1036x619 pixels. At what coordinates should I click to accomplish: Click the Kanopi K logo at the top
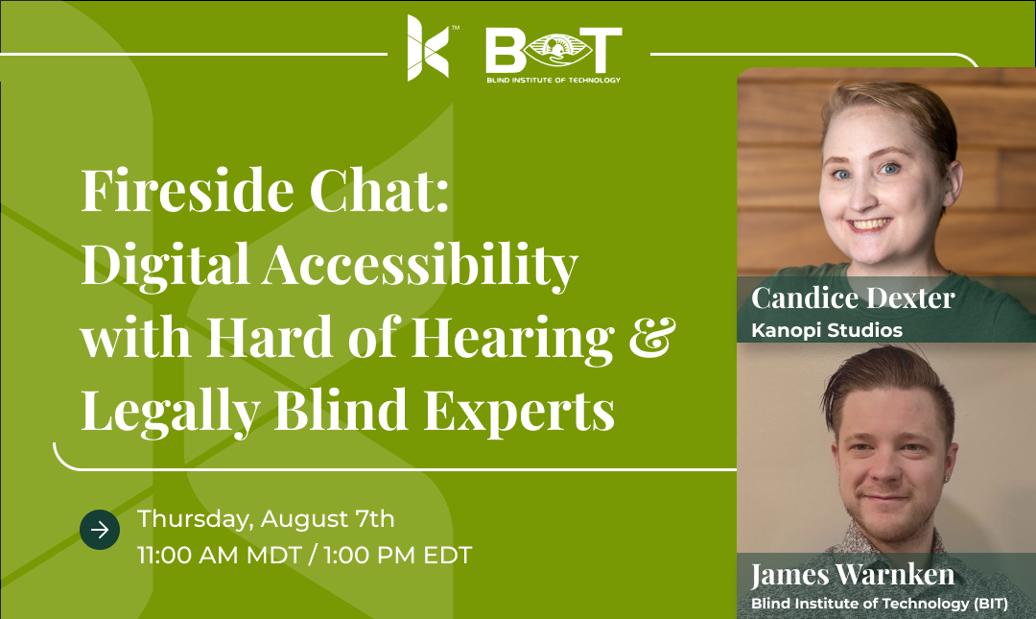click(x=428, y=48)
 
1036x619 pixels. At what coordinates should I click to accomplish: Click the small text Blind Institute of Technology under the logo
click(x=553, y=80)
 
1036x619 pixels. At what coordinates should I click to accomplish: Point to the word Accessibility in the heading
click(x=420, y=265)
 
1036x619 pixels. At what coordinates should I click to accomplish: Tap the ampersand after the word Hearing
click(x=652, y=337)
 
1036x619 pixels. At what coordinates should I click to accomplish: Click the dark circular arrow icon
click(x=100, y=530)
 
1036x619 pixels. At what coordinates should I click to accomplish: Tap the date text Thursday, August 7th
click(x=266, y=519)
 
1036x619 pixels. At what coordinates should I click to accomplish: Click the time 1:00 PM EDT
click(x=398, y=556)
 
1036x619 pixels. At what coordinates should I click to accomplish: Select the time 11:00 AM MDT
click(x=220, y=556)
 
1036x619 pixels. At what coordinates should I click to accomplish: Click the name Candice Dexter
click(x=853, y=298)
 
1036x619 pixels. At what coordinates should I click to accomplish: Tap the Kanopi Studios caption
click(x=827, y=330)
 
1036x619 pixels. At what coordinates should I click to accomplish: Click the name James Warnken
click(x=853, y=575)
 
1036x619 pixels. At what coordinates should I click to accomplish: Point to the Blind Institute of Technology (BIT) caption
click(x=880, y=603)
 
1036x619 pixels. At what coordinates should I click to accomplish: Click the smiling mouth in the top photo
click(x=869, y=225)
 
